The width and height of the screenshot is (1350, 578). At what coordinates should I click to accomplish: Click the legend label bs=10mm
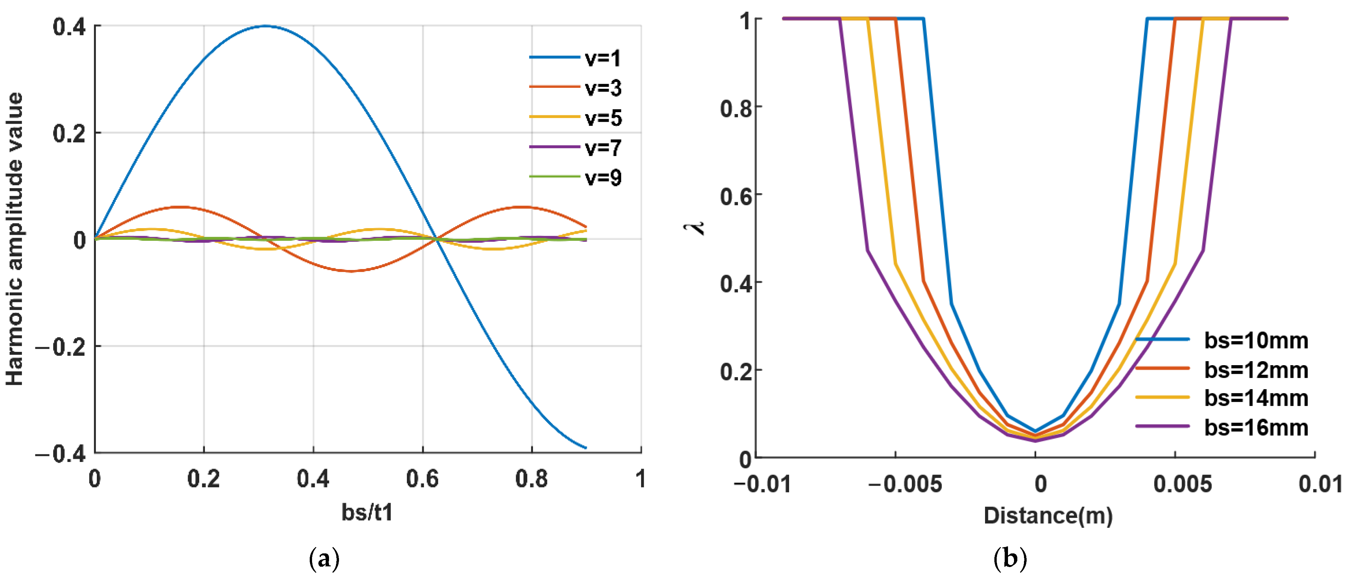pos(1256,341)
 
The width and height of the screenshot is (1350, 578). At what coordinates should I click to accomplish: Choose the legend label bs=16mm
pos(1256,428)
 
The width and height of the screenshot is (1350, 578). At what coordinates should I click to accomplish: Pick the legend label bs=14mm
pos(1256,398)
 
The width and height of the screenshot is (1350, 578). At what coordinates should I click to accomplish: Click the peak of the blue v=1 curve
pos(266,26)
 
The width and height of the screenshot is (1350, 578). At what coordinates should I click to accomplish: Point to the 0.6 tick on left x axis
pos(422,479)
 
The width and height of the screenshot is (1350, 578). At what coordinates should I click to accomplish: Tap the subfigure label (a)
pos(324,559)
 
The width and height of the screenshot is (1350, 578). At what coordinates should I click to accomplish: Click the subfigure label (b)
pos(1010,559)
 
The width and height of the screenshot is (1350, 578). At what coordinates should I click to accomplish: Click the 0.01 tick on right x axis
pos(1320,484)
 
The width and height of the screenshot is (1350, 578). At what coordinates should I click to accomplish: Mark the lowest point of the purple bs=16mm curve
pos(1035,441)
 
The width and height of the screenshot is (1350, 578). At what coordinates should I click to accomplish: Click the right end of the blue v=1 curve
pos(586,448)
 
